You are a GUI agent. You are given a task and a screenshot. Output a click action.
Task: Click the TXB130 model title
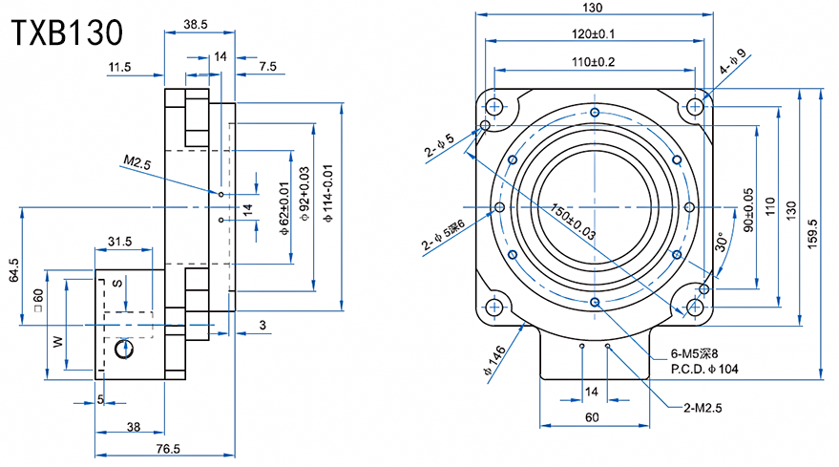pos(67,32)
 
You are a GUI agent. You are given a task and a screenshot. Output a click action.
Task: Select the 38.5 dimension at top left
pos(196,22)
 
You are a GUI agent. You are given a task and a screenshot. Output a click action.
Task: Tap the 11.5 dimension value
pos(120,67)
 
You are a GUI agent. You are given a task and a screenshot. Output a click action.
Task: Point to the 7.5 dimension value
pos(268,67)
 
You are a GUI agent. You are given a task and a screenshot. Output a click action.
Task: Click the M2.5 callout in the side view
pos(137,163)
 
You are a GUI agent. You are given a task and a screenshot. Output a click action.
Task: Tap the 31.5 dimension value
pos(120,242)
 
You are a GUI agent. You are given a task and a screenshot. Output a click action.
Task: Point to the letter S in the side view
pos(117,283)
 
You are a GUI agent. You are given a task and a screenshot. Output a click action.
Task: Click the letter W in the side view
pos(58,340)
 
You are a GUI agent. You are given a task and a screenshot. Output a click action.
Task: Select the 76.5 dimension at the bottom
pos(168,449)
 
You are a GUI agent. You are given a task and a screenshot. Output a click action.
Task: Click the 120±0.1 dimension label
pos(593,33)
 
